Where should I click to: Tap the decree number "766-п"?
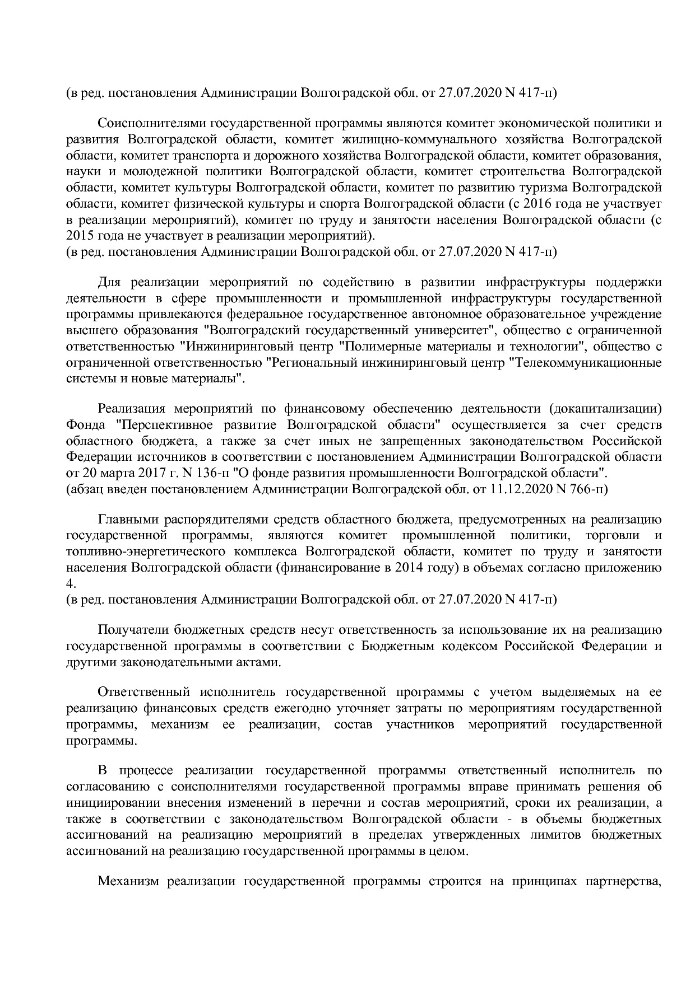[x=588, y=489]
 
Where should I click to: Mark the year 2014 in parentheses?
[x=409, y=568]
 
